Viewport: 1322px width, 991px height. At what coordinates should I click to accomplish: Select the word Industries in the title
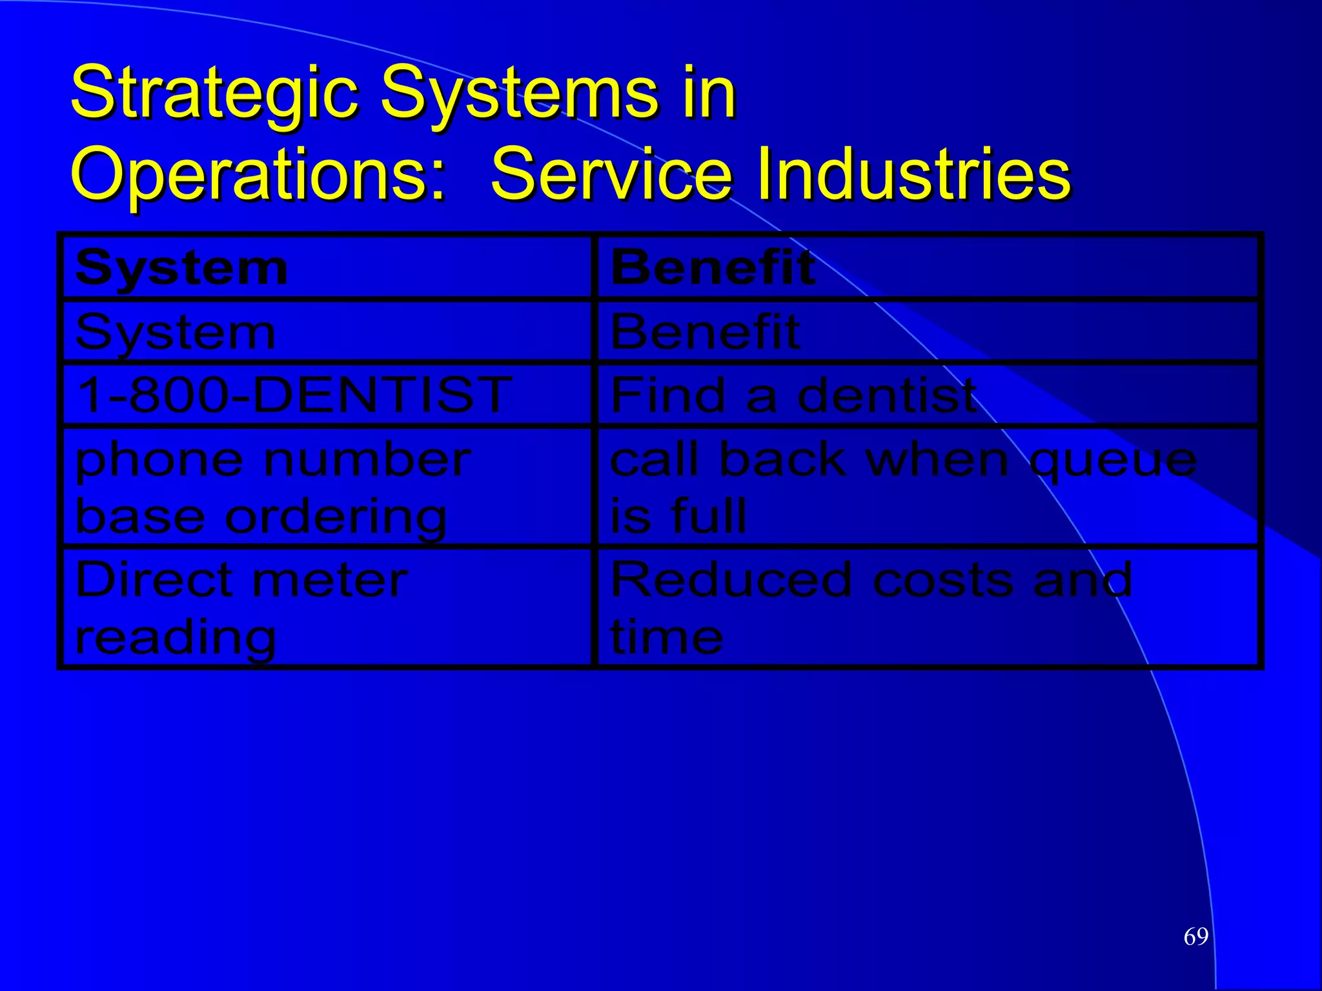click(x=913, y=173)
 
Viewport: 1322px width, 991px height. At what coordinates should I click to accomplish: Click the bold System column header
click(x=181, y=268)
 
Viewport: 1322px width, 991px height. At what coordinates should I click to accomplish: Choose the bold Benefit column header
click(x=713, y=267)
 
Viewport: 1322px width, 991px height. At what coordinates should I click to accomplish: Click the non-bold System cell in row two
click(x=176, y=333)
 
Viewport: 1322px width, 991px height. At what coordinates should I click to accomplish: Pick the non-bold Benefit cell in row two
click(x=705, y=332)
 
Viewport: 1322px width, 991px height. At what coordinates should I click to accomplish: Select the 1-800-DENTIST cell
click(x=294, y=395)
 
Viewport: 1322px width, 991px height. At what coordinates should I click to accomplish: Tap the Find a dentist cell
click(x=793, y=395)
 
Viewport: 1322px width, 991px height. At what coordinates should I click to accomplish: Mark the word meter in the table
click(x=329, y=579)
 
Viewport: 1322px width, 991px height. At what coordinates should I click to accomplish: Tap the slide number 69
click(x=1195, y=936)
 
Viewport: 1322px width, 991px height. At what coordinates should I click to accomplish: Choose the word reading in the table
click(x=176, y=637)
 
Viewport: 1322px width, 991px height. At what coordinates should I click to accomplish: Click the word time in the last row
click(x=666, y=636)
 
